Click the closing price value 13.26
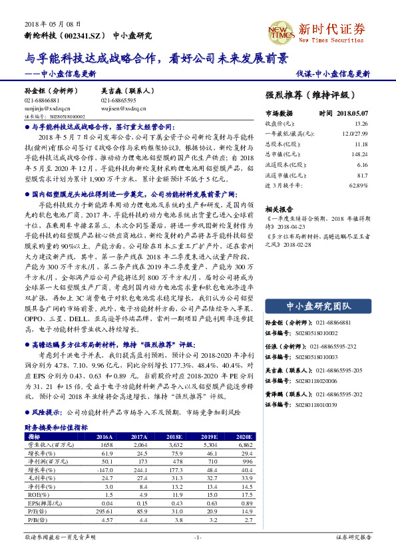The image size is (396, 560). [x=361, y=124]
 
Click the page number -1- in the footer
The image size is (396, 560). [x=198, y=537]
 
